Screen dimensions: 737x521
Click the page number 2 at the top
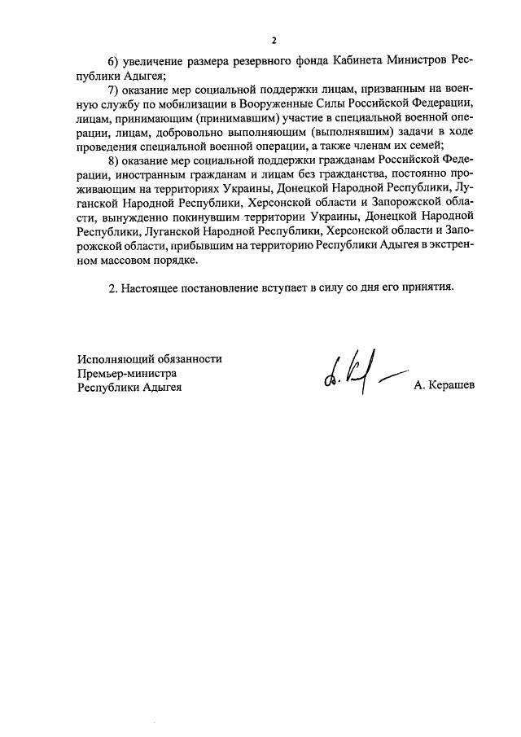[x=274, y=40]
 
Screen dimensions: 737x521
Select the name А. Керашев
[x=444, y=388]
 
